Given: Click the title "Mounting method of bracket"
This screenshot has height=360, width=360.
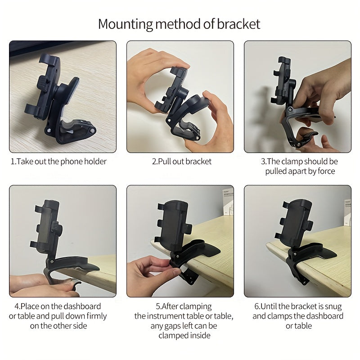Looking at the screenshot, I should click(179, 23).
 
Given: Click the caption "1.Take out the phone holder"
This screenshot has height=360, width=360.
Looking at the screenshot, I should click(58, 162).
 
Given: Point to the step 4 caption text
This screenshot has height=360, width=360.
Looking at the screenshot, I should click(58, 316).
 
